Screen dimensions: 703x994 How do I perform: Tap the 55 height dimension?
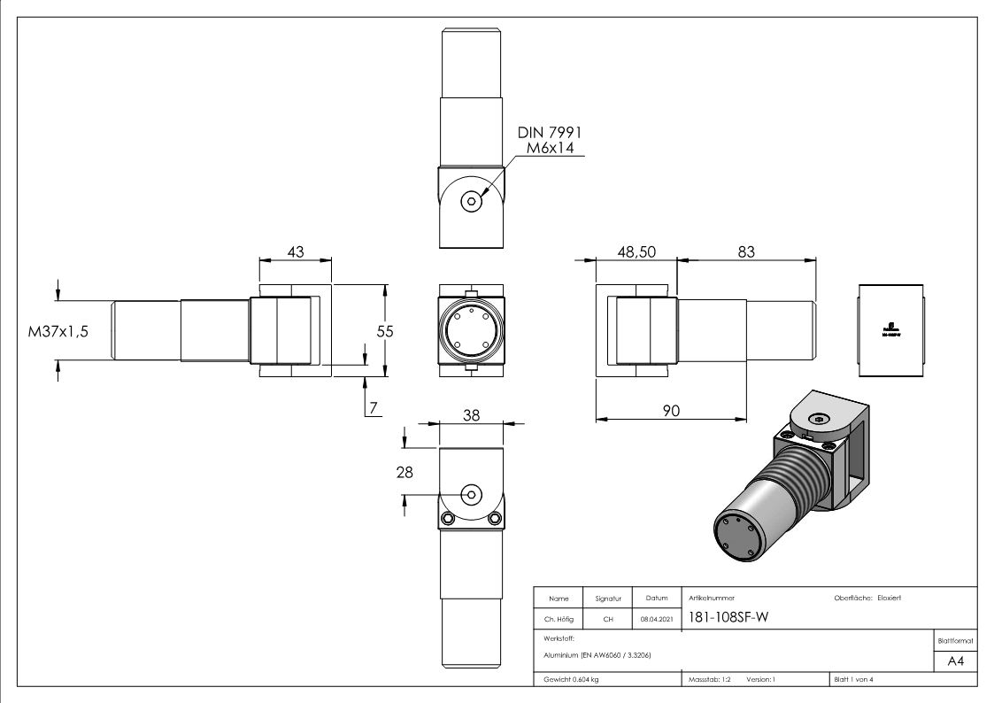click(384, 330)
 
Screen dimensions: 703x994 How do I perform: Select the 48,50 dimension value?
click(636, 252)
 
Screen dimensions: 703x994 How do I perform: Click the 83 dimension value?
click(745, 252)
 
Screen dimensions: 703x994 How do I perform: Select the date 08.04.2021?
click(656, 620)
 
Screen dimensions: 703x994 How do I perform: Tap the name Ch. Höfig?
click(558, 620)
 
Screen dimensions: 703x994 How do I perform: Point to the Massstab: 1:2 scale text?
click(708, 679)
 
